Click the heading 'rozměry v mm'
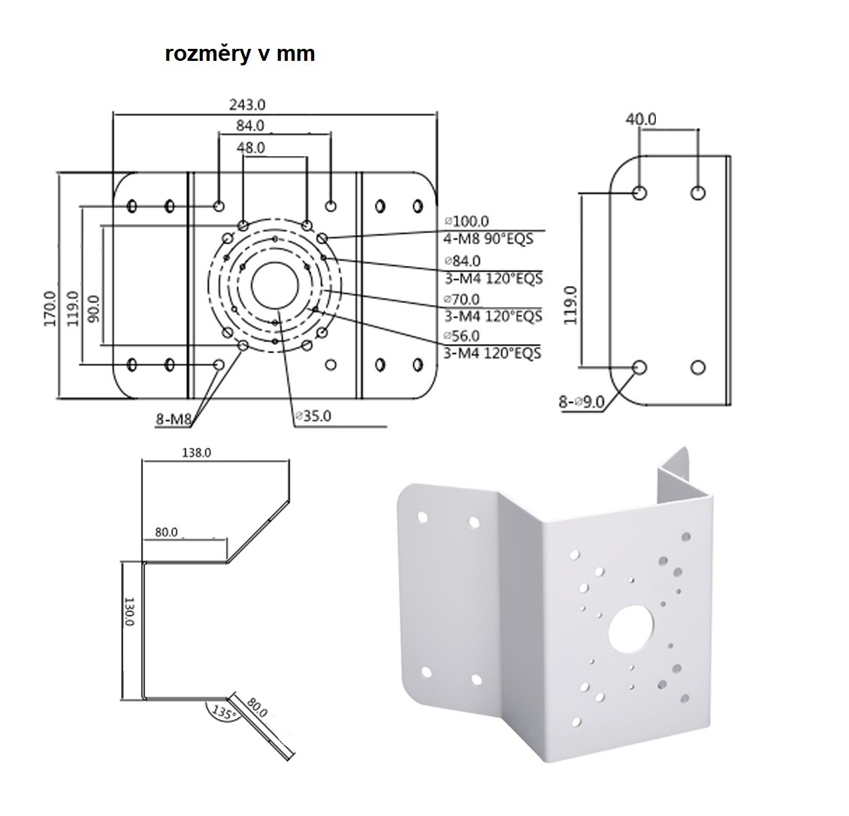pos(240,55)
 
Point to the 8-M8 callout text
pos(172,420)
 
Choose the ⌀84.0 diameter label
pos(463,261)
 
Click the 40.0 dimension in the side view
pos(640,119)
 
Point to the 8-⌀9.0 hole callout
pos(582,402)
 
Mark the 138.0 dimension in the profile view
pos(196,452)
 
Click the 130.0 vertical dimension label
pos(128,612)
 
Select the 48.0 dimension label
pos(250,148)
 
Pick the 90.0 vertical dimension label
pos(94,308)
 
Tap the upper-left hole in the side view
pos(640,193)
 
